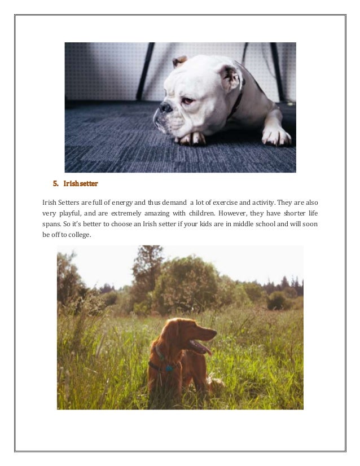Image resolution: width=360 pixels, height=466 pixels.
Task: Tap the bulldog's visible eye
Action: click(187, 100)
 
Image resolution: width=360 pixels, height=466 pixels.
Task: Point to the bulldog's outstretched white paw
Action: click(276, 135)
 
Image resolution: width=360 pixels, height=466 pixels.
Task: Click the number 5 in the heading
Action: click(55, 183)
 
